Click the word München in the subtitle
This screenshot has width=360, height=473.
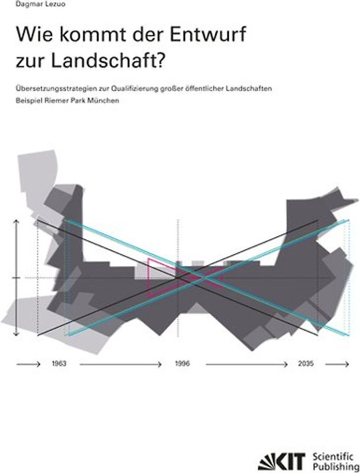(106, 101)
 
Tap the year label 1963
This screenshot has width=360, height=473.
(59, 365)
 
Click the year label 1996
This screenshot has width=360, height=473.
(181, 365)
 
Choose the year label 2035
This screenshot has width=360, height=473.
(306, 365)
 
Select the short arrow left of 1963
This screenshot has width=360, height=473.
(29, 365)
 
